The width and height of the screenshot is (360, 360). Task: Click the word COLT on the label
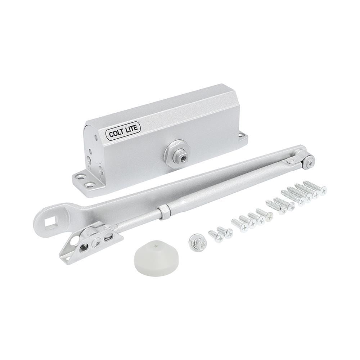[116, 133]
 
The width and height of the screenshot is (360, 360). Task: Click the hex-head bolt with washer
[196, 239]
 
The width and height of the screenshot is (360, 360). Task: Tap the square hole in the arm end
[50, 221]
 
